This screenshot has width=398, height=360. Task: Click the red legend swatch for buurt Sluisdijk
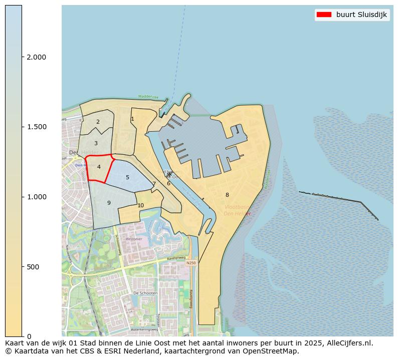point(324,15)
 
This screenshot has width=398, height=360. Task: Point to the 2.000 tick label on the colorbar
point(37,58)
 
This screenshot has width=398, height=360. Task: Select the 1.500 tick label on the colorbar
point(37,127)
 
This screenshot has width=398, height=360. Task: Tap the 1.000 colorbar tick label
point(37,197)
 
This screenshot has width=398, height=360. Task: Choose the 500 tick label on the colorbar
point(33,267)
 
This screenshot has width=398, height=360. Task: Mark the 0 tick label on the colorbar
point(29,336)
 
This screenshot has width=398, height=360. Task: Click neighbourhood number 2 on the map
point(98,122)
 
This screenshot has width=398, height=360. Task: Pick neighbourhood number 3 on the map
point(96,144)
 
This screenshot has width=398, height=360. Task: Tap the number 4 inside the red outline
point(99,167)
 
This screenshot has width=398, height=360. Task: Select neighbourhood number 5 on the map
point(127,177)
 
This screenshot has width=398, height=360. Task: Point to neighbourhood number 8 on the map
point(227,195)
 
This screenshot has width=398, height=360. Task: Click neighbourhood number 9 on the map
point(109,203)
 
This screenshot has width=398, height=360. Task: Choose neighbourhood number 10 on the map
point(140,205)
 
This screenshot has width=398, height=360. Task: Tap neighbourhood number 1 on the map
point(132,119)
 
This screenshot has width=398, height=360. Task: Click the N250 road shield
point(190,263)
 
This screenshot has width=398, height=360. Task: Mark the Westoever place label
point(134,239)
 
